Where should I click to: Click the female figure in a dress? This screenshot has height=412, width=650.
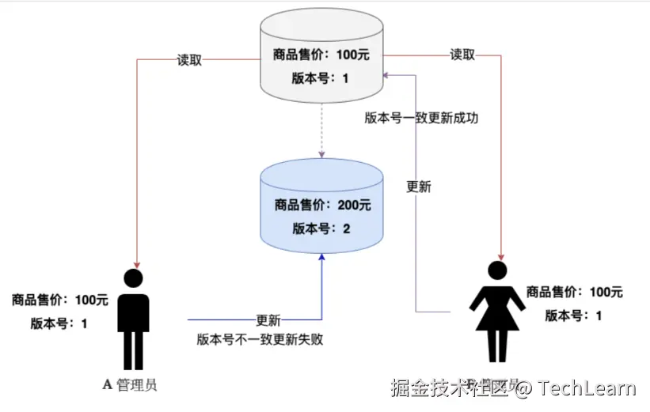click(498, 316)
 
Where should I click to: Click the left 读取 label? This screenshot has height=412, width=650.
click(189, 59)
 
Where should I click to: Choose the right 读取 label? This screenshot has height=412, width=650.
click(462, 55)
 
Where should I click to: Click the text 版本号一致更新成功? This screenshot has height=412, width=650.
click(421, 118)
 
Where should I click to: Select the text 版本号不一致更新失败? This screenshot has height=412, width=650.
click(260, 340)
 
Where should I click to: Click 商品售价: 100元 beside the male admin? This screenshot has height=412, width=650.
click(59, 300)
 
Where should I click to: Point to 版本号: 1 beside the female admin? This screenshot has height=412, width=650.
click(574, 316)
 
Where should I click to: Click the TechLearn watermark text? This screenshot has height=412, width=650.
click(585, 387)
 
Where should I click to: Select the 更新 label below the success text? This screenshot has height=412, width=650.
click(418, 187)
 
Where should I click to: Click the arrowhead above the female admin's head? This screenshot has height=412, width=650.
click(500, 253)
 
